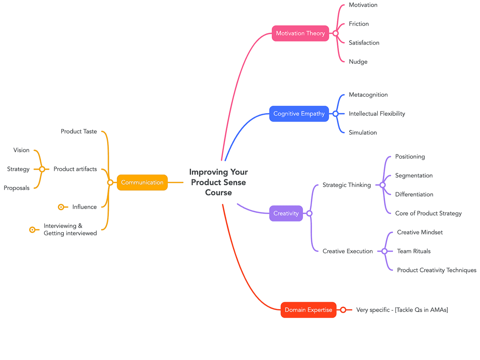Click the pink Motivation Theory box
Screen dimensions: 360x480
[300, 33]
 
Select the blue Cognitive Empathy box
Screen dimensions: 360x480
[299, 114]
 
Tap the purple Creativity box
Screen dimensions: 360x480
[286, 213]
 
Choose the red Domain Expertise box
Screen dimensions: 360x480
[308, 310]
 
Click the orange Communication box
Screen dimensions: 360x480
[142, 183]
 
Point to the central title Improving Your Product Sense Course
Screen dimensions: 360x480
[218, 182]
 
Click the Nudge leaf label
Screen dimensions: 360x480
[358, 62]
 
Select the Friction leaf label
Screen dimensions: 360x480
[358, 24]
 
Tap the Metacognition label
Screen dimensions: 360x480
[368, 95]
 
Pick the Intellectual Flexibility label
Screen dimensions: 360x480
[376, 114]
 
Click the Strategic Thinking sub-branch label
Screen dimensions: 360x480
[346, 185]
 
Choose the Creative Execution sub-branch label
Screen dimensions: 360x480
[347, 251]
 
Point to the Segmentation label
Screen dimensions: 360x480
[414, 175]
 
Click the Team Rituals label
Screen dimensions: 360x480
[414, 251]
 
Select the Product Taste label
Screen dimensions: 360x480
[79, 132]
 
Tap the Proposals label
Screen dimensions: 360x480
[16, 188]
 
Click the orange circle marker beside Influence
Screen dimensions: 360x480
[61, 207]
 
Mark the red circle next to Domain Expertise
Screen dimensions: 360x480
[343, 310]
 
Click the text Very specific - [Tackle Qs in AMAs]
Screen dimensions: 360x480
[402, 310]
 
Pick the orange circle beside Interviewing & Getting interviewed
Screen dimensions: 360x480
[33, 229]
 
